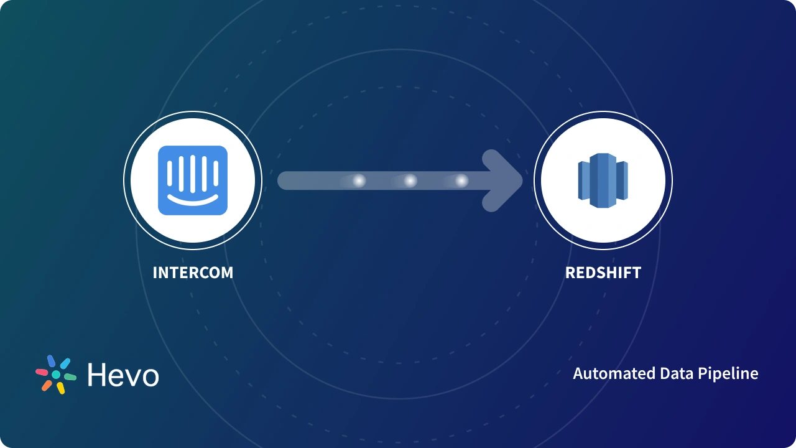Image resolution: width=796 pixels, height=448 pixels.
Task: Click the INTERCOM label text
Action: [193, 273]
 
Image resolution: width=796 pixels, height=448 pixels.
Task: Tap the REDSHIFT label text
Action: [603, 273]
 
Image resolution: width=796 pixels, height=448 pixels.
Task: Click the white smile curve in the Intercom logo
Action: [193, 200]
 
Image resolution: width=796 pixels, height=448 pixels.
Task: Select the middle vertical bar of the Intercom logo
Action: [193, 174]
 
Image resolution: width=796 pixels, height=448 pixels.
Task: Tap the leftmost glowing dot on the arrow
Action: [359, 181]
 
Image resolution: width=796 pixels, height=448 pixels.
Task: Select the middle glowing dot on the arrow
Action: [410, 181]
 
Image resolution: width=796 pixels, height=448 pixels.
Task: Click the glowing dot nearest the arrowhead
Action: [461, 181]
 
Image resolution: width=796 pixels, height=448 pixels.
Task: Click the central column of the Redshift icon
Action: [602, 180]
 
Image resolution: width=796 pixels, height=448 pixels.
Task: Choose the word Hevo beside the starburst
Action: [123, 375]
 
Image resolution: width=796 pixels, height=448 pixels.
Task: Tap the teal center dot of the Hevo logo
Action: [56, 375]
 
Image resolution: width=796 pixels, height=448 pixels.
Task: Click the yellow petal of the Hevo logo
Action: [61, 388]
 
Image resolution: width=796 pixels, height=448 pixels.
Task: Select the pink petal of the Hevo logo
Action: [42, 372]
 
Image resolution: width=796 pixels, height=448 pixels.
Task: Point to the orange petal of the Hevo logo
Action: [47, 385]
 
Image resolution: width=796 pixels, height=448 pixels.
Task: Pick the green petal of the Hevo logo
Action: [70, 377]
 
